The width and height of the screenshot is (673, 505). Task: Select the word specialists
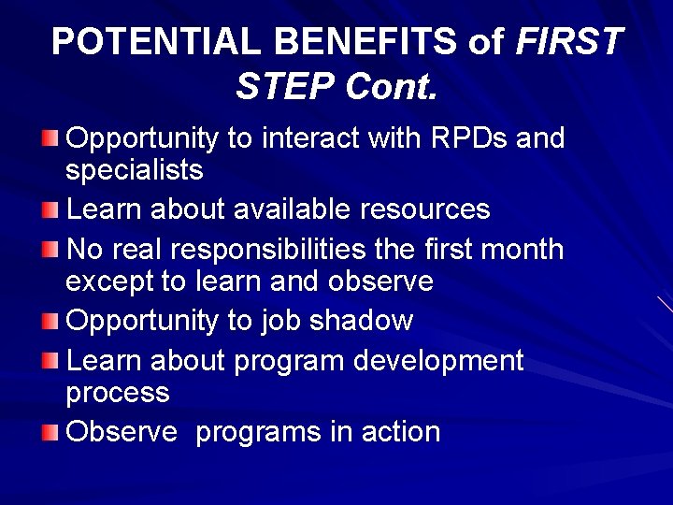pos(134,170)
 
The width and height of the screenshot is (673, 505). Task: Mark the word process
pos(117,393)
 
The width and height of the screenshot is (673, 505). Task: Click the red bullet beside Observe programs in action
pos(50,432)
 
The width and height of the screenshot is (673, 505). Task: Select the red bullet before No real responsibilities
pos(50,250)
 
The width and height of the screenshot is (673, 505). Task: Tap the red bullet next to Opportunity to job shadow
pos(50,321)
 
